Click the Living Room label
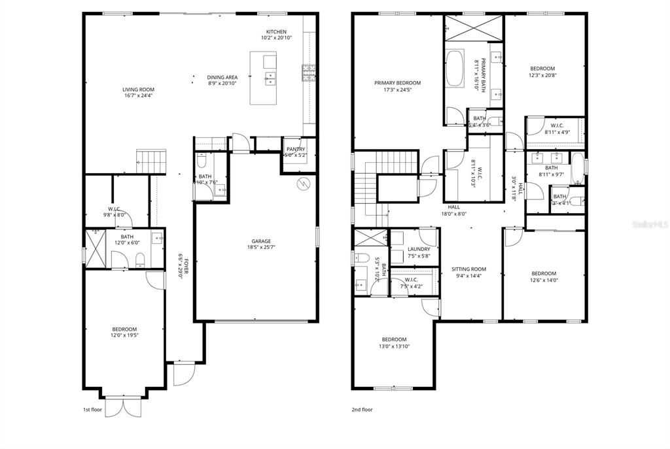(138, 90)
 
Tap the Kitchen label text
(276, 32)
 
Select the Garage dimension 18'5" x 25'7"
(261, 248)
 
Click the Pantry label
(296, 149)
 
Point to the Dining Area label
(222, 77)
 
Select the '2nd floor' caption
(362, 410)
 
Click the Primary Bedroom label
(397, 83)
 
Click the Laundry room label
(419, 249)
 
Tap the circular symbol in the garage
(302, 182)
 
